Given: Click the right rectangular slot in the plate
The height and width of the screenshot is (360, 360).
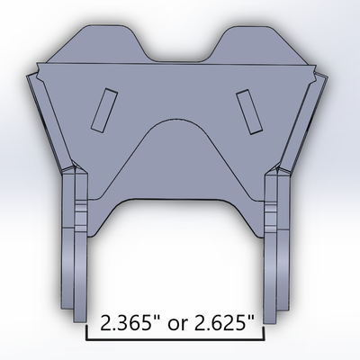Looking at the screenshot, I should [245, 106].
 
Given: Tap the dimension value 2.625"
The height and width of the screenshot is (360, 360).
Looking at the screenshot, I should [221, 322].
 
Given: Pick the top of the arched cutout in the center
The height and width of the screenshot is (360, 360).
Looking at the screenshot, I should [176, 121].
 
